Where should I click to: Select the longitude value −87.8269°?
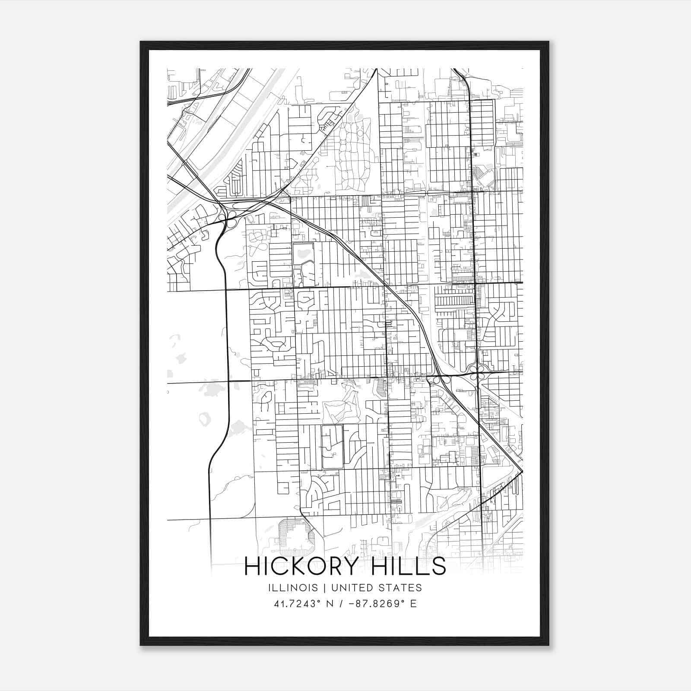371,604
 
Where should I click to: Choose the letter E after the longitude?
413,604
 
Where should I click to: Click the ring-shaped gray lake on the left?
205,418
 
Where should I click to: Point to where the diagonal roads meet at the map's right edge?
522,471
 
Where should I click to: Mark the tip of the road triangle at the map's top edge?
377,70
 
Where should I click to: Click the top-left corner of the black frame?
141,42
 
